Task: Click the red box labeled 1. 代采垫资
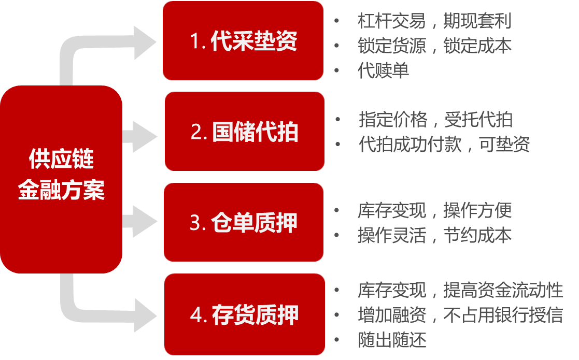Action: click(243, 41)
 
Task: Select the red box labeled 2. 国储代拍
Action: click(244, 132)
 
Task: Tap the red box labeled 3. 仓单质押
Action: click(243, 222)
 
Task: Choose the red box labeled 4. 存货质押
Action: click(244, 314)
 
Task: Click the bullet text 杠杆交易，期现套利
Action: click(434, 21)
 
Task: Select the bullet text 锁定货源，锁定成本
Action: click(434, 46)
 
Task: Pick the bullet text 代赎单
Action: click(383, 70)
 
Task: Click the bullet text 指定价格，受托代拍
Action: click(435, 120)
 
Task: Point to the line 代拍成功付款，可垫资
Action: click(444, 145)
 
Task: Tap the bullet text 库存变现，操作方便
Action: click(434, 210)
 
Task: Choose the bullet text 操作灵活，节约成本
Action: click(434, 235)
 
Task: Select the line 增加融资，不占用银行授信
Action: click(460, 315)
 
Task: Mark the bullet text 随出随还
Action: click(392, 340)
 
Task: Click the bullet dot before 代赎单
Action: click(337, 70)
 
